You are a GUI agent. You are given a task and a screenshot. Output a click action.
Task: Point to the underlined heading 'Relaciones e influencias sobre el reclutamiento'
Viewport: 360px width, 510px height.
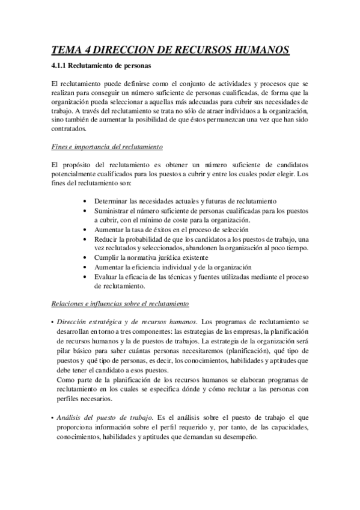[120, 304]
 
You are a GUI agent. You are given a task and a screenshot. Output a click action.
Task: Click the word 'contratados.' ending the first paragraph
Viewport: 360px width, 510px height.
[69, 128]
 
